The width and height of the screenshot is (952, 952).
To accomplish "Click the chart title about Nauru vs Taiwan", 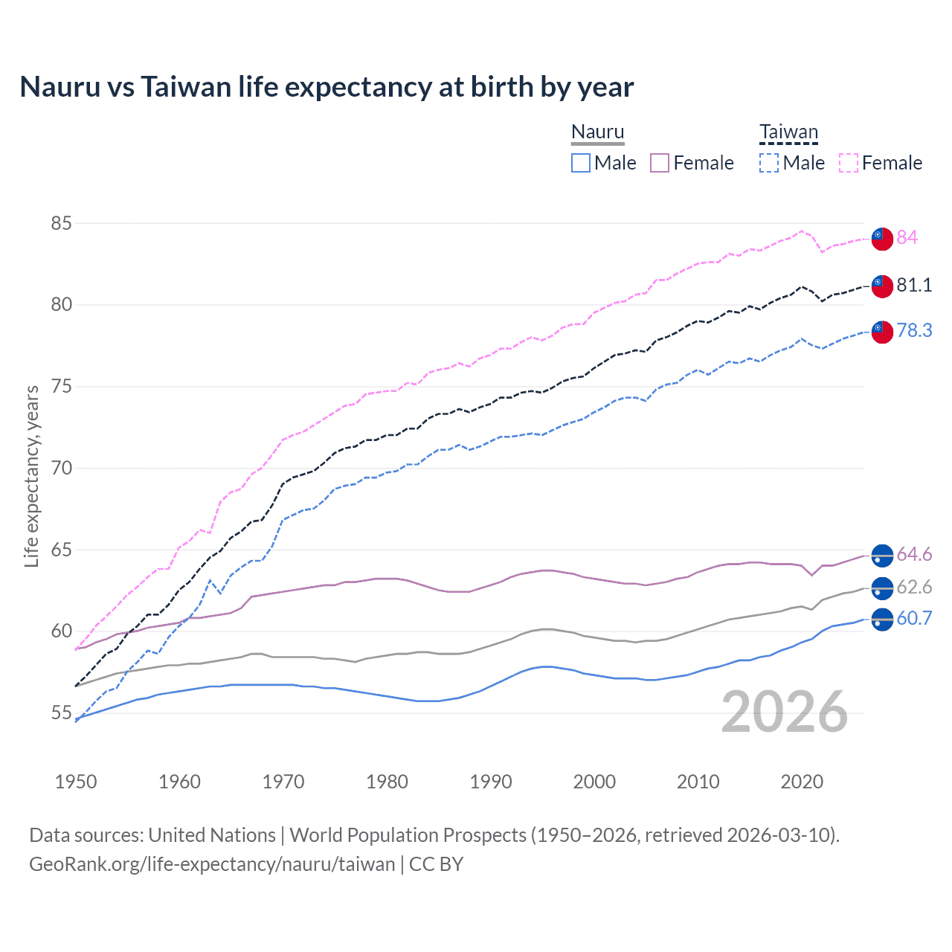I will point(327,87).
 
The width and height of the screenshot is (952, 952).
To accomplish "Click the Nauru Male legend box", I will point(581,163).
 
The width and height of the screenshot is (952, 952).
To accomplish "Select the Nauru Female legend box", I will point(660,163).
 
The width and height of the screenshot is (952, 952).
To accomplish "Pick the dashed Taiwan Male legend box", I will point(769,163).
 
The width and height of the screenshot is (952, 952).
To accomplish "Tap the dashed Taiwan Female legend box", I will point(849,163).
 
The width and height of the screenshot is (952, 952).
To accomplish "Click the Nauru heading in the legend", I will point(597,132).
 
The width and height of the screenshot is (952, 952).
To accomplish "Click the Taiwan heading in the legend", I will point(788,132).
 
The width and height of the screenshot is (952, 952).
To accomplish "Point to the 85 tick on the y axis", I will point(62,223).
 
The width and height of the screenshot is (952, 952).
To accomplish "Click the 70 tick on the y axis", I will point(62,468).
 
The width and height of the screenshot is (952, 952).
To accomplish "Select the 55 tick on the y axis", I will point(62,713).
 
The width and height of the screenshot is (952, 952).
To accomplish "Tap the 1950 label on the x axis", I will point(76,782).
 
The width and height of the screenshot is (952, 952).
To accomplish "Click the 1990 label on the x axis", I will point(491,782).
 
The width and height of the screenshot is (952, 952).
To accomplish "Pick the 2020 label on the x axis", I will point(802,782).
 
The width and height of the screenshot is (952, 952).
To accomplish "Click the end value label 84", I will point(907,237).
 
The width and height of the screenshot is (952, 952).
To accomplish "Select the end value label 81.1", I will point(914,285).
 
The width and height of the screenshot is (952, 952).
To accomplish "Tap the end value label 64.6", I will point(914,554).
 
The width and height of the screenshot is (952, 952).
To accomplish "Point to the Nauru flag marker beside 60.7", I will point(882,619).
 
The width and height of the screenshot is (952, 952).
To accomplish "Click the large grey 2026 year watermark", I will point(785,712).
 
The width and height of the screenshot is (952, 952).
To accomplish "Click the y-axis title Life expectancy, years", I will point(32,476).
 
